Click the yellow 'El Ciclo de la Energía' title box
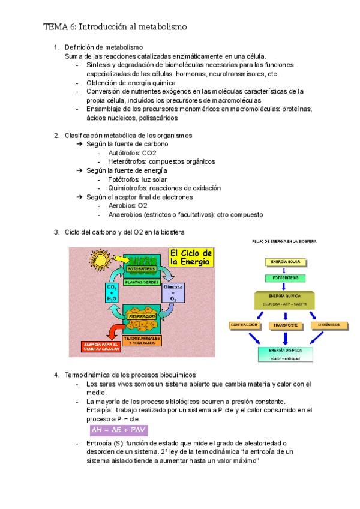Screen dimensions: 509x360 191,258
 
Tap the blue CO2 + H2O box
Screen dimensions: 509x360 112,293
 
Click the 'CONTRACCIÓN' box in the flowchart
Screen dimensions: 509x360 244,325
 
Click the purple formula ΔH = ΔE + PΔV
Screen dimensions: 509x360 118,430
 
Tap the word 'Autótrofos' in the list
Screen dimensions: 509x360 119,153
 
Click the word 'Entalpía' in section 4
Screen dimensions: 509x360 98,410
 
